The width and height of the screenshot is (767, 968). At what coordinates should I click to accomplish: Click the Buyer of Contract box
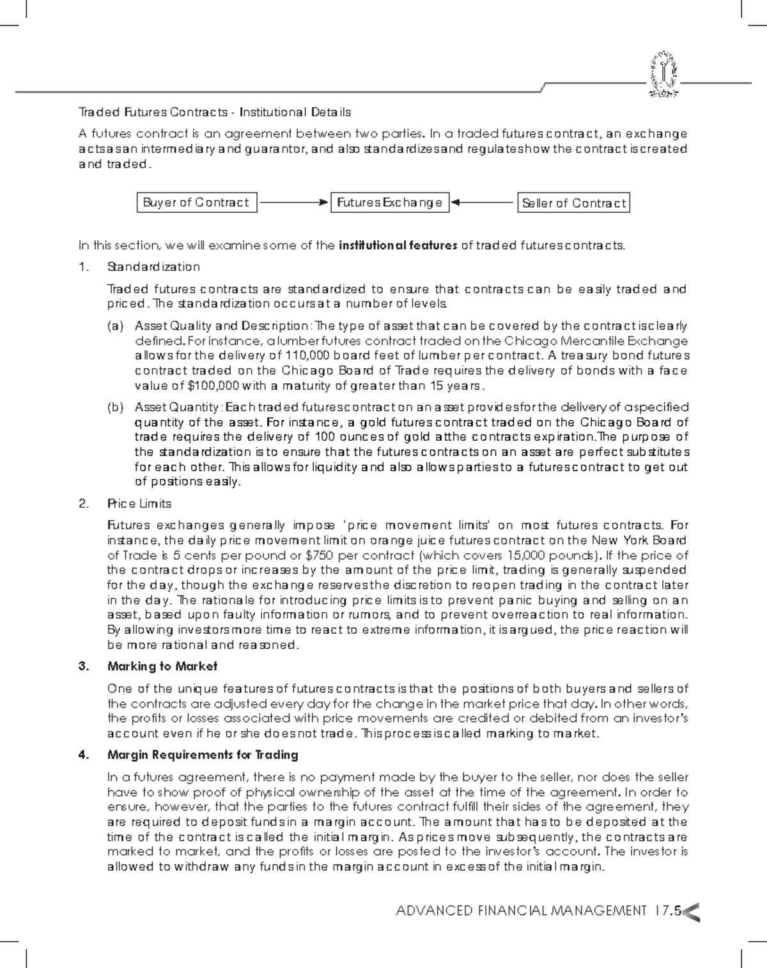coord(196,203)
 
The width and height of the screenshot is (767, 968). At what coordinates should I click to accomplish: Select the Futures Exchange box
coord(389,203)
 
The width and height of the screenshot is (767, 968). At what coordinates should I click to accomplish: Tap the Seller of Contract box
coord(573,203)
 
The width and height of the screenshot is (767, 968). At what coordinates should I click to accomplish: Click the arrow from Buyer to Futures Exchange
coord(293,203)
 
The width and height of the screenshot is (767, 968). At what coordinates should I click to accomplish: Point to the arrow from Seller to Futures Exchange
coord(483,203)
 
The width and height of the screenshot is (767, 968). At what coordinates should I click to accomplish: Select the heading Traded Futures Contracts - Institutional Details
coord(214,112)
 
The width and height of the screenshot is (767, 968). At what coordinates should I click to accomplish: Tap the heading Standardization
coord(153,266)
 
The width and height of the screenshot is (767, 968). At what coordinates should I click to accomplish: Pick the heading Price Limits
coord(139,503)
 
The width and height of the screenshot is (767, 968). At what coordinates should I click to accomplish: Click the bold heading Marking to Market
coord(162,666)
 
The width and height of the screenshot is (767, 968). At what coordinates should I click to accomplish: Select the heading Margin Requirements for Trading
coord(203,755)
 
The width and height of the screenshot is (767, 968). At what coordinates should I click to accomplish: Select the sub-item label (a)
coord(116,327)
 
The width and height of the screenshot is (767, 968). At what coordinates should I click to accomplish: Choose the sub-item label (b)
coord(116,407)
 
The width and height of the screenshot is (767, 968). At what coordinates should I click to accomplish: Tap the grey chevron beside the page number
coord(692,912)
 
